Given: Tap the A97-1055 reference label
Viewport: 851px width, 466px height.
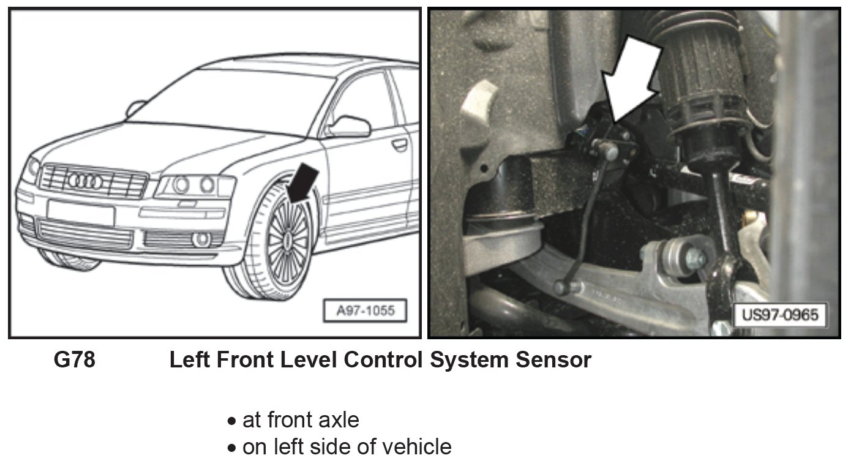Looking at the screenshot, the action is click(x=365, y=311).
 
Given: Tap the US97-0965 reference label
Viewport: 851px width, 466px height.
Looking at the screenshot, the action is click(x=781, y=315).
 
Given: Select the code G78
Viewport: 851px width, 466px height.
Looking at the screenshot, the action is click(x=75, y=359).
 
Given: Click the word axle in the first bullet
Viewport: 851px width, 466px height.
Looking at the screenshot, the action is click(x=339, y=420).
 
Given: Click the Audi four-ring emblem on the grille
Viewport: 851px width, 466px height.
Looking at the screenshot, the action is click(x=85, y=182).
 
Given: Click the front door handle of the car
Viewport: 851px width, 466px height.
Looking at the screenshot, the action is click(x=400, y=145).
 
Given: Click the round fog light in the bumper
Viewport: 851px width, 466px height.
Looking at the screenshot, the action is click(x=201, y=239).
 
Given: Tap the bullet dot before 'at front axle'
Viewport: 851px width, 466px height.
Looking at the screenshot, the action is click(x=231, y=421).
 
